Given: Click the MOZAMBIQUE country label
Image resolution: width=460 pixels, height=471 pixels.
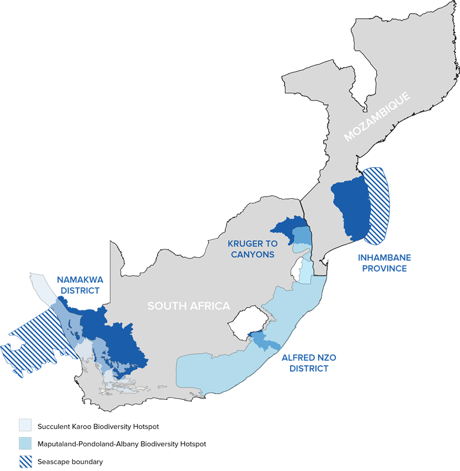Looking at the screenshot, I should coord(377,117).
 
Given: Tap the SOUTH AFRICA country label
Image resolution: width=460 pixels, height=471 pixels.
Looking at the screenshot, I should coord(188,306).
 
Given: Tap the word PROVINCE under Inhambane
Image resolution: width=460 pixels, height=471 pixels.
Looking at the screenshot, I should coord(385,268).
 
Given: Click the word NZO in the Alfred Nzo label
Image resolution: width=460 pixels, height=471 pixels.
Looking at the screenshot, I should coord(326,357).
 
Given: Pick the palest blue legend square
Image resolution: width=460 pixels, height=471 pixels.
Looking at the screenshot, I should coord(25,425).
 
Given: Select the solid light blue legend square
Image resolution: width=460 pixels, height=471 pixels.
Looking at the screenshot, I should coord(25,443).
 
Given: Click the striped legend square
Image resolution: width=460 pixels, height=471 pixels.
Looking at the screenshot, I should coord(25,461).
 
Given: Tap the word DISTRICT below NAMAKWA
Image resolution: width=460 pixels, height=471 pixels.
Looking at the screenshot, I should coord(80,291).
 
